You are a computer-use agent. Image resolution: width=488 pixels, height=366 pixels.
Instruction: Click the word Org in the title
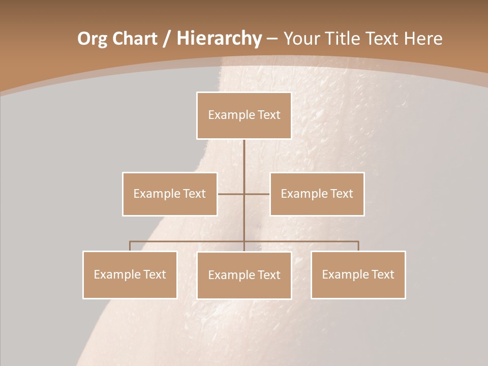click(x=92, y=39)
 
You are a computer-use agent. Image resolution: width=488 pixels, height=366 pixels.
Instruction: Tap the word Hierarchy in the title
click(x=219, y=39)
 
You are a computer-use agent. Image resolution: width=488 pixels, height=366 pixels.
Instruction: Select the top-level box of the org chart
click(x=244, y=115)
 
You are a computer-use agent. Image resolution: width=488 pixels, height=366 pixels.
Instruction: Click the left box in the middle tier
click(x=170, y=194)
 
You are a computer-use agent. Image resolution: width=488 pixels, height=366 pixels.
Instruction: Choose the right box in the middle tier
click(x=317, y=194)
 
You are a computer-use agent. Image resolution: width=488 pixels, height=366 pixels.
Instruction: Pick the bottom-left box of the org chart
click(x=130, y=275)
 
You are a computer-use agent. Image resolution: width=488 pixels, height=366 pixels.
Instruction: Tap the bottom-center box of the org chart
click(x=244, y=276)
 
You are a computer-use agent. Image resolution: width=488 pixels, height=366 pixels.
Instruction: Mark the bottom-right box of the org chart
click(x=358, y=275)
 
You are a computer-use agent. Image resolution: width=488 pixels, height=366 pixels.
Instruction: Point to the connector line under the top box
click(x=244, y=163)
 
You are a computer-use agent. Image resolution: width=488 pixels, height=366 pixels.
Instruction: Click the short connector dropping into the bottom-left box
click(x=130, y=246)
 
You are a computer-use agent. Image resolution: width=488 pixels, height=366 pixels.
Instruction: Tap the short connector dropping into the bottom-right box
click(x=358, y=246)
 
